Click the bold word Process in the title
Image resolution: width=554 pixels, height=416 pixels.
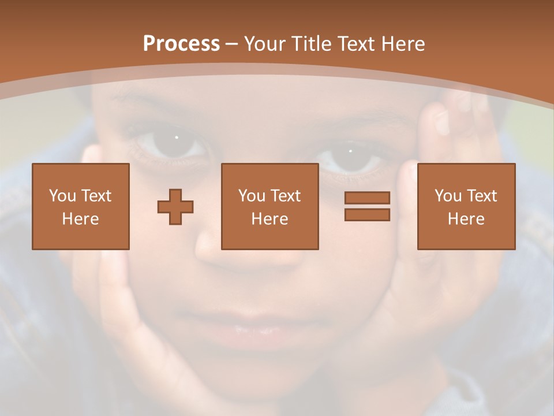(x=181, y=44)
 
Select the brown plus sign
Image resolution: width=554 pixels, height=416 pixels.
(x=175, y=207)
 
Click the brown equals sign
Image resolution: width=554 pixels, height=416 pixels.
(x=367, y=206)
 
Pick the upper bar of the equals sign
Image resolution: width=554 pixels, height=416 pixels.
(x=367, y=198)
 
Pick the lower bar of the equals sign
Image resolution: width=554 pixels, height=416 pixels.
(x=367, y=215)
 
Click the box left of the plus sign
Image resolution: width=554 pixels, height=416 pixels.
(x=81, y=206)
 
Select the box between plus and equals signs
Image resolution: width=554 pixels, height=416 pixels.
(x=270, y=206)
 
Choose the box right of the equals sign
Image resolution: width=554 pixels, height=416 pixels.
(x=466, y=206)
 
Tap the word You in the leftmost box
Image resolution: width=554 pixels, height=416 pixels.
(x=62, y=196)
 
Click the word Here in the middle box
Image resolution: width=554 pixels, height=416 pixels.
(x=270, y=219)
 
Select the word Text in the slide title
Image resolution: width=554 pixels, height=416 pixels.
(x=355, y=44)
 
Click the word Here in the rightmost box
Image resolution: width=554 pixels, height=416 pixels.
(x=466, y=219)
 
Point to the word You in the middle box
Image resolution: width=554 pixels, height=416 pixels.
(x=252, y=196)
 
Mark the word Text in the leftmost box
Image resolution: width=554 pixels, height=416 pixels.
(x=96, y=196)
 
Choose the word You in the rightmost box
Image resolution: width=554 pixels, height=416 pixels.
(x=448, y=196)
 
